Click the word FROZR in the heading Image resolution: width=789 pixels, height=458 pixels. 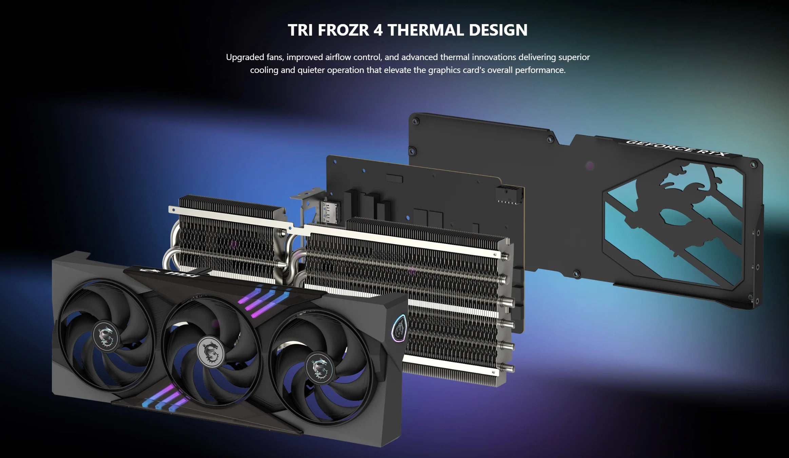point(343,30)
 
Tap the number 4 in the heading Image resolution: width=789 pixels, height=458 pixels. point(378,30)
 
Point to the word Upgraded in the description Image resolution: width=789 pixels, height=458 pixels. point(245,57)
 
